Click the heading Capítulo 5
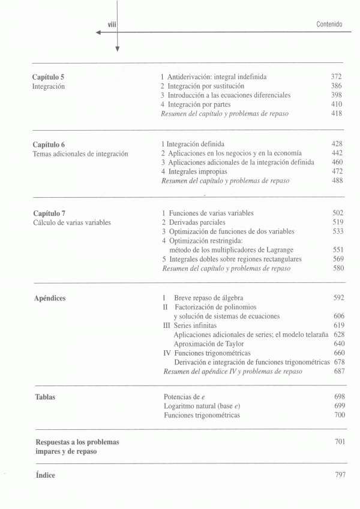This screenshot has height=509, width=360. (x=49, y=77)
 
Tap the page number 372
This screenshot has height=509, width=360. (x=336, y=77)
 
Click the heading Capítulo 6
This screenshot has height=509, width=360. (x=49, y=144)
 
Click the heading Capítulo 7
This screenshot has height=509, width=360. (x=49, y=213)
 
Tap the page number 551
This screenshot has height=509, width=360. (x=338, y=250)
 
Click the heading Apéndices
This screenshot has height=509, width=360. (x=50, y=298)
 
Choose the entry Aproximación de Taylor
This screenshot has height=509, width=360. (x=208, y=344)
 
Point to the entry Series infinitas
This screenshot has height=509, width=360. (x=193, y=325)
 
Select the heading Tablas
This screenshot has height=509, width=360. (x=46, y=397)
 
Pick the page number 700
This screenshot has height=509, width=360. (x=340, y=415)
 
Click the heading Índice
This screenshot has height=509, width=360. (x=46, y=475)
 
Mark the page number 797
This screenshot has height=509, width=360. (x=340, y=475)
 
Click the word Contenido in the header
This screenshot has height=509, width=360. (x=329, y=24)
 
